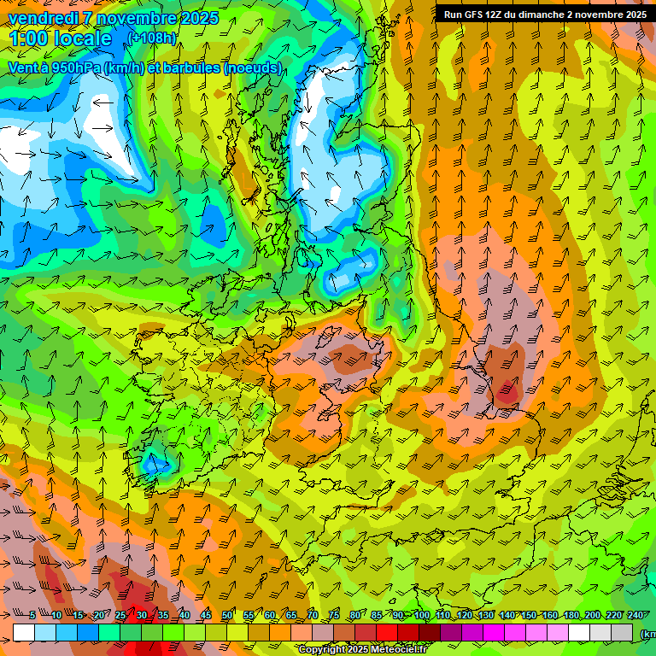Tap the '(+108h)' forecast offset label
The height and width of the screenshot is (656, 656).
(x=154, y=38)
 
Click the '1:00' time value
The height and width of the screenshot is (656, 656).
(x=32, y=39)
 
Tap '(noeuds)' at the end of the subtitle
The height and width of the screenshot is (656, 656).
(x=252, y=67)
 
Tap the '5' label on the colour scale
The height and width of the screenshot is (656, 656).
(x=32, y=615)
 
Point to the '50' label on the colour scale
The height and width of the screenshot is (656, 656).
(x=227, y=615)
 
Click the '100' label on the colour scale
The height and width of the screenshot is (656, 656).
(x=422, y=615)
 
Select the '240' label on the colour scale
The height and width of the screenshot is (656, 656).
(x=635, y=615)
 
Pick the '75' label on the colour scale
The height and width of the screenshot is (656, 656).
(x=334, y=615)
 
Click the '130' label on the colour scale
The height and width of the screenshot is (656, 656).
(x=486, y=615)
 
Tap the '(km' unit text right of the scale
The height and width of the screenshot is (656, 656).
(x=647, y=634)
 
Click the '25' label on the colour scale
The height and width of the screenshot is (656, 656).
(x=120, y=615)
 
